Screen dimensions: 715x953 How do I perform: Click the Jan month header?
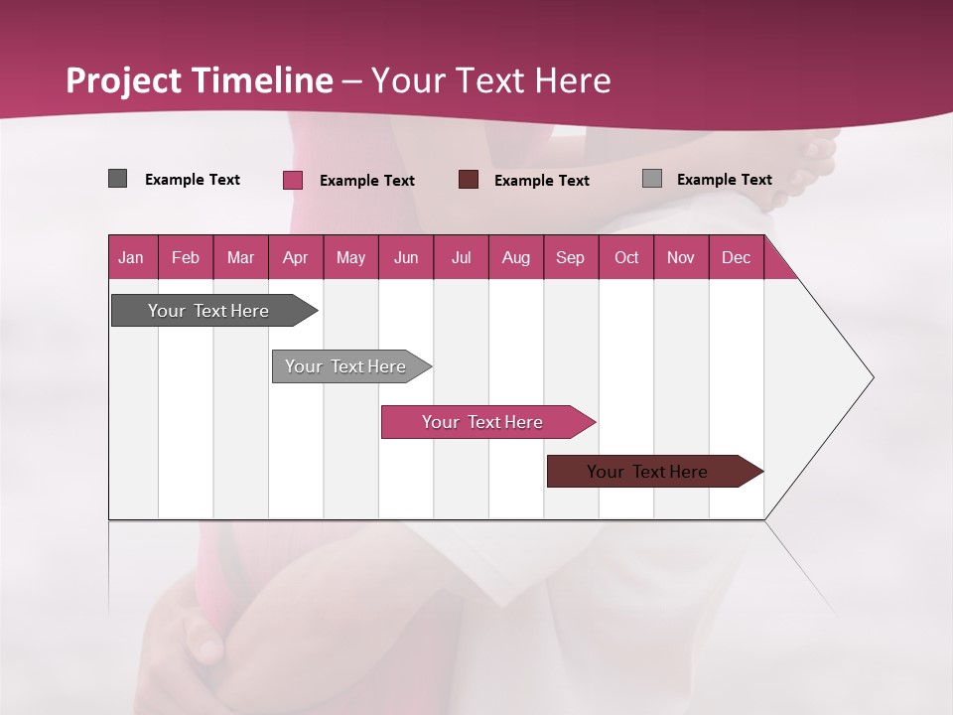point(131,257)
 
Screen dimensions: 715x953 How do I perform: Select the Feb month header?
point(186,257)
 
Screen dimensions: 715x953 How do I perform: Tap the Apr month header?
point(295,257)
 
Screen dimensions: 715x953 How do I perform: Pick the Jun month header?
point(406,257)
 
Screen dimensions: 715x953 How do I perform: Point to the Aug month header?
point(515,257)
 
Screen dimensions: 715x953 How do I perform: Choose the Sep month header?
point(570,257)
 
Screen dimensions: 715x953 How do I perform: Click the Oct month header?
point(626,257)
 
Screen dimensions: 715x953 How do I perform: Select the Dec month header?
point(736,257)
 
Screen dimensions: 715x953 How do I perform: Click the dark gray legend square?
point(117,179)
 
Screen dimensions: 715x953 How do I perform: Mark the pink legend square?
point(292,180)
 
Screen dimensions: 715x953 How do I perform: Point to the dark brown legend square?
point(469,180)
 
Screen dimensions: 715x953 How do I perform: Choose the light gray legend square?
point(651,179)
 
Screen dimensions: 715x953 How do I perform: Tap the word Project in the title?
point(124,80)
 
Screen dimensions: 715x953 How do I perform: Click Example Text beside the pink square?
point(366,181)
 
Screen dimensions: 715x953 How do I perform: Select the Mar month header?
point(240,257)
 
